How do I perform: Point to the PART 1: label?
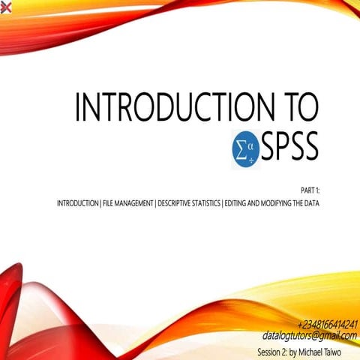coord(308,192)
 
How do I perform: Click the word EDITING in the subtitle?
coord(237,203)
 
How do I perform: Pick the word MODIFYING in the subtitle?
coord(279,203)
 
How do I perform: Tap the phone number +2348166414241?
coord(327,325)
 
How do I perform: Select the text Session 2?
coord(272,349)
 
